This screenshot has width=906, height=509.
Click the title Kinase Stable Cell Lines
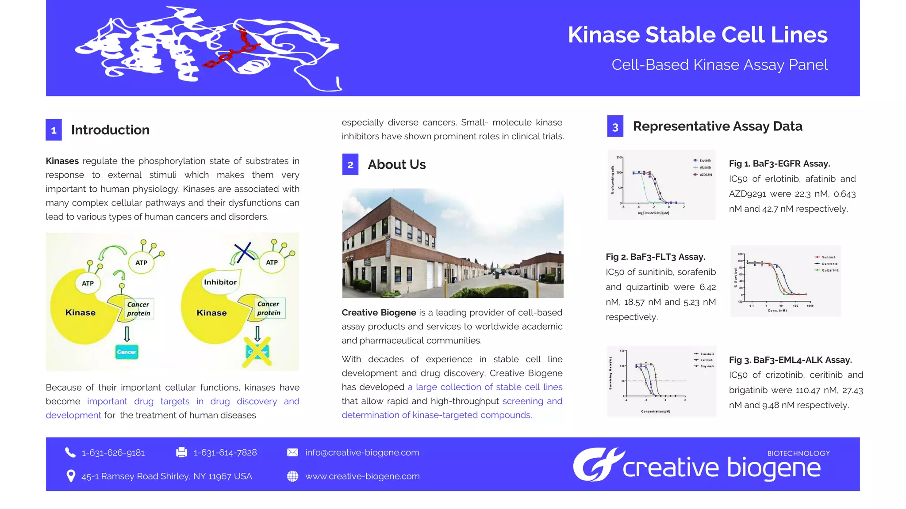tap(697, 35)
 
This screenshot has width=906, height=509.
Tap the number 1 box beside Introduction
tap(54, 130)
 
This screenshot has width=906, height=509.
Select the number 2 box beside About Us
tap(350, 164)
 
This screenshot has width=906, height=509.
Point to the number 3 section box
tap(615, 126)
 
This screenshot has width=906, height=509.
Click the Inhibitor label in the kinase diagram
tap(220, 282)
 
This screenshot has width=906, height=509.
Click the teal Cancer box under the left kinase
tap(127, 352)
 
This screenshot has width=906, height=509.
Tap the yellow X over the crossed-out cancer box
tap(257, 352)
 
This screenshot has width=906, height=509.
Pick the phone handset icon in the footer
tap(70, 452)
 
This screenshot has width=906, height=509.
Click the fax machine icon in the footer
tap(181, 452)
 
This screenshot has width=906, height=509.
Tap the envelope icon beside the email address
tap(292, 452)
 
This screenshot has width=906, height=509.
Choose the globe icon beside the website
tap(292, 476)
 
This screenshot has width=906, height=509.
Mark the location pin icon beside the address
tap(70, 476)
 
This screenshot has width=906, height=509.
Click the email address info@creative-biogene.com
tap(362, 452)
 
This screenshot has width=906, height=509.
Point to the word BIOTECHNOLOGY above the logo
tap(799, 453)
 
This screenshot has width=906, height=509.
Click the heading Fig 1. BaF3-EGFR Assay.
tap(779, 163)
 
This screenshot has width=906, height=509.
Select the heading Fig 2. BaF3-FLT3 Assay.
tap(655, 257)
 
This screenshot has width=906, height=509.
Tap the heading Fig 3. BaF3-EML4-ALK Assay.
tap(790, 360)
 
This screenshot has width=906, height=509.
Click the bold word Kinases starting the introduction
tap(62, 161)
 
